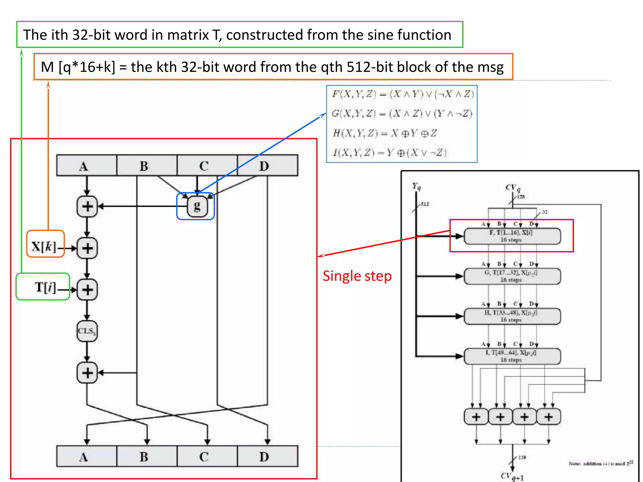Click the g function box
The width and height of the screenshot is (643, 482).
197,206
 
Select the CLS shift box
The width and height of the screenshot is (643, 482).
87,331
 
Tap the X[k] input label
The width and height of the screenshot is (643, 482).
44,246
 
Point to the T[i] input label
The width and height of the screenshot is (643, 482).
45,287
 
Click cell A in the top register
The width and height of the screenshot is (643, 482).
84,165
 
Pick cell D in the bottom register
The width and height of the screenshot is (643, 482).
264,457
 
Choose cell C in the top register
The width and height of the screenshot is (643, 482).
204,165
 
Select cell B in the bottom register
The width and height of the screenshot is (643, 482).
144,457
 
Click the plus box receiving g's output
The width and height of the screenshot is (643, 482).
87,206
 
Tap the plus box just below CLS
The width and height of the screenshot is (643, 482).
87,373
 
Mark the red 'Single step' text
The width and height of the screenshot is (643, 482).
357,276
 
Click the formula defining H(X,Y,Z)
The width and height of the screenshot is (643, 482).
385,133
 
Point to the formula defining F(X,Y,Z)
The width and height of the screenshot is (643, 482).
403,94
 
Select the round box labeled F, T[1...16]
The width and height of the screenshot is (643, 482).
512,236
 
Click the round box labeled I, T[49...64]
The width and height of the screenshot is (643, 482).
512,356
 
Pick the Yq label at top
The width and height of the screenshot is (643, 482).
416,186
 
